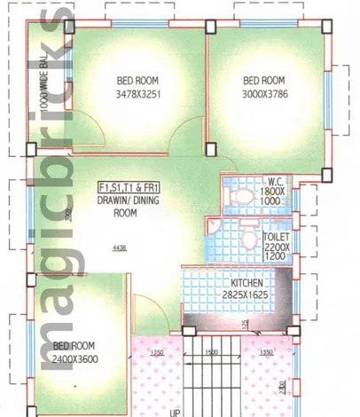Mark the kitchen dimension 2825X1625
(243, 293)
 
